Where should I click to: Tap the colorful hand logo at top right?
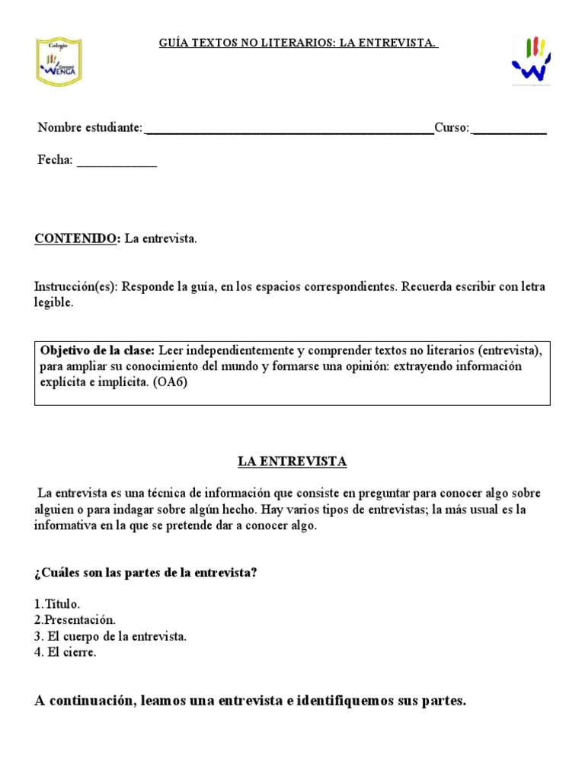[x=532, y=62]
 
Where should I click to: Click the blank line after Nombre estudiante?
[x=289, y=129]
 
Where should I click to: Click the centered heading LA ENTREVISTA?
[x=292, y=462]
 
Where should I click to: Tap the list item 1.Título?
[x=57, y=603]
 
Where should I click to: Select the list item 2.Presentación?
[x=75, y=620]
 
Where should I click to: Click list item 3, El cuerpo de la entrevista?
[x=110, y=636]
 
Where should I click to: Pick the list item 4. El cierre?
[x=66, y=653]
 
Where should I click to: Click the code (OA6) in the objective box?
[x=169, y=382]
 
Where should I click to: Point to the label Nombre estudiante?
[x=90, y=128]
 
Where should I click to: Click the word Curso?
[x=452, y=128]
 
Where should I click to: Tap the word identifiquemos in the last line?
[x=351, y=702]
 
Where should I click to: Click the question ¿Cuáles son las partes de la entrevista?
[x=145, y=573]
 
